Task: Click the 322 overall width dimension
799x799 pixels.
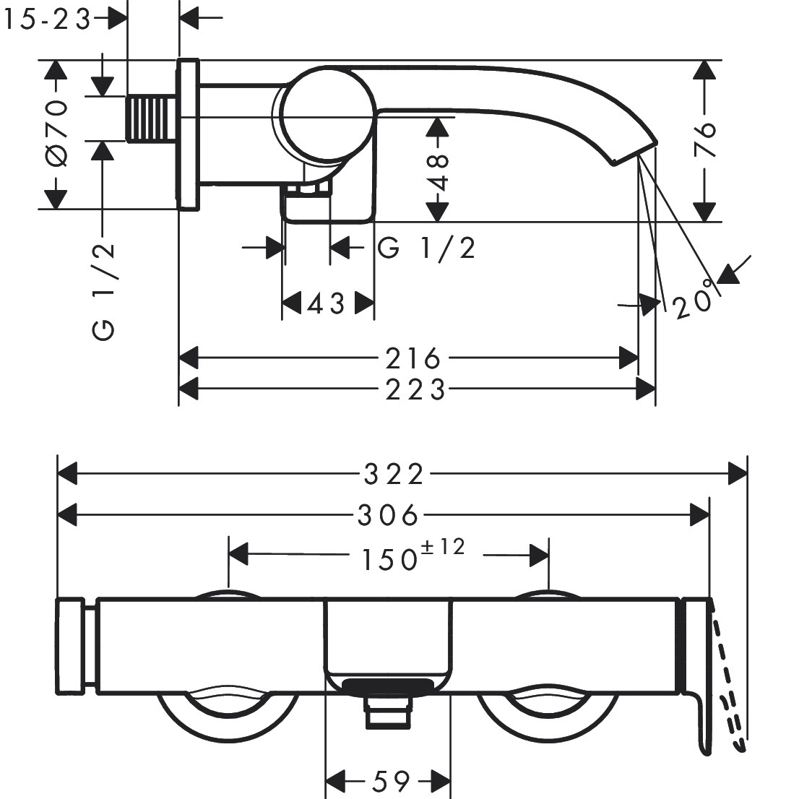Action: point(393,475)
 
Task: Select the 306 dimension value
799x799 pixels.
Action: point(388,515)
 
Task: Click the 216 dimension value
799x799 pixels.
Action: point(413,358)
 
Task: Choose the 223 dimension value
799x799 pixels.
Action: point(415,390)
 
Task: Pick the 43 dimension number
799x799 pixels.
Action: point(327,304)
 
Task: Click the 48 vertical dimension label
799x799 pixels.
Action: point(439,171)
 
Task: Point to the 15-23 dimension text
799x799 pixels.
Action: point(46,20)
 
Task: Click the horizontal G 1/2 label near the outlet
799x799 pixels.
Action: point(427,249)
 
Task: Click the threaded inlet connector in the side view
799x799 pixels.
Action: point(150,117)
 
